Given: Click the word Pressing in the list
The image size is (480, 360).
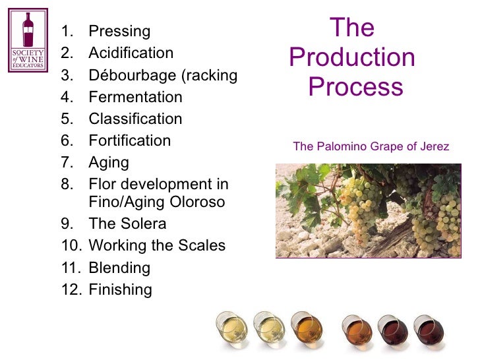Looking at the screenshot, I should (x=119, y=32).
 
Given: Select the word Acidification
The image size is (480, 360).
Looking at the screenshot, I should (x=131, y=53).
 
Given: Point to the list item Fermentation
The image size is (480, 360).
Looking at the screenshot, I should (x=135, y=97).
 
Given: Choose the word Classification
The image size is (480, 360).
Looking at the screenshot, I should (x=135, y=119).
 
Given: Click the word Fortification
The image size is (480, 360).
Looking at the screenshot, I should (x=129, y=141).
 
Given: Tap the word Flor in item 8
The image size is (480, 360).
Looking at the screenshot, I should (x=102, y=184).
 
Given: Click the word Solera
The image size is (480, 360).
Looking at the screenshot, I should (x=142, y=224).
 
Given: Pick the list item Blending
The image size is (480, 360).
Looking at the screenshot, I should (x=119, y=268).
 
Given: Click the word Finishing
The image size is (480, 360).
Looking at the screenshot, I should (x=120, y=290).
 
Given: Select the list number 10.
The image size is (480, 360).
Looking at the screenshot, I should (x=70, y=246).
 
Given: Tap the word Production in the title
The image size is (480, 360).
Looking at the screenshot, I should (x=352, y=58).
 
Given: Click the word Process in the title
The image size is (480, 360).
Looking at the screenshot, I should (x=355, y=87).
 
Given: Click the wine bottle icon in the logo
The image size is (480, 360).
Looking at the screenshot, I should (x=28, y=30).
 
